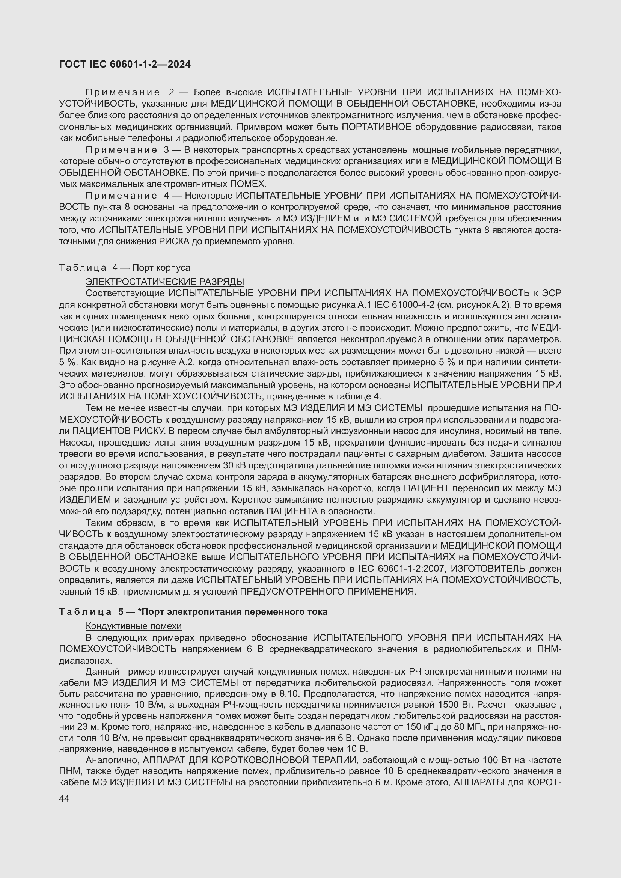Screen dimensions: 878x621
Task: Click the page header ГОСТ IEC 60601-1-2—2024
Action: point(125,64)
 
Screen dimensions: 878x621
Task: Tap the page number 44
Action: point(64,798)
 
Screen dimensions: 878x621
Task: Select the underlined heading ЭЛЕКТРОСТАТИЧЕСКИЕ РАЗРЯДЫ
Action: point(165,282)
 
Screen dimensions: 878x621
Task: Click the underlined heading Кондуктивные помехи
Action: point(133,626)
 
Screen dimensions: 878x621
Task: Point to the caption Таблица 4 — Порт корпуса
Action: point(125,268)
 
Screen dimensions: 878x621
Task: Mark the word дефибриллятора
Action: point(483,477)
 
